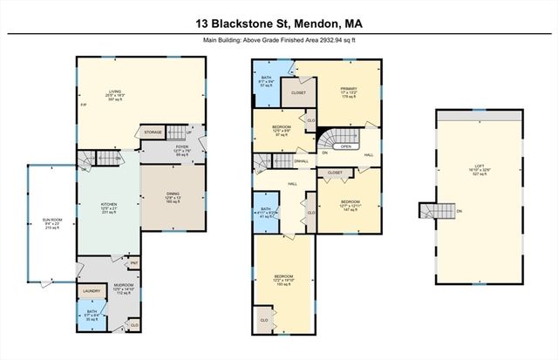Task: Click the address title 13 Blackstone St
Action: click(x=278, y=24)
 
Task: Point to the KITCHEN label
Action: click(x=109, y=207)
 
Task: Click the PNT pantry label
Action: click(x=134, y=262)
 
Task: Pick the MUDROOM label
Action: click(x=122, y=288)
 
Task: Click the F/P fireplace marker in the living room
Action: click(x=83, y=104)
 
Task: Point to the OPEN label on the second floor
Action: click(x=346, y=147)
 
